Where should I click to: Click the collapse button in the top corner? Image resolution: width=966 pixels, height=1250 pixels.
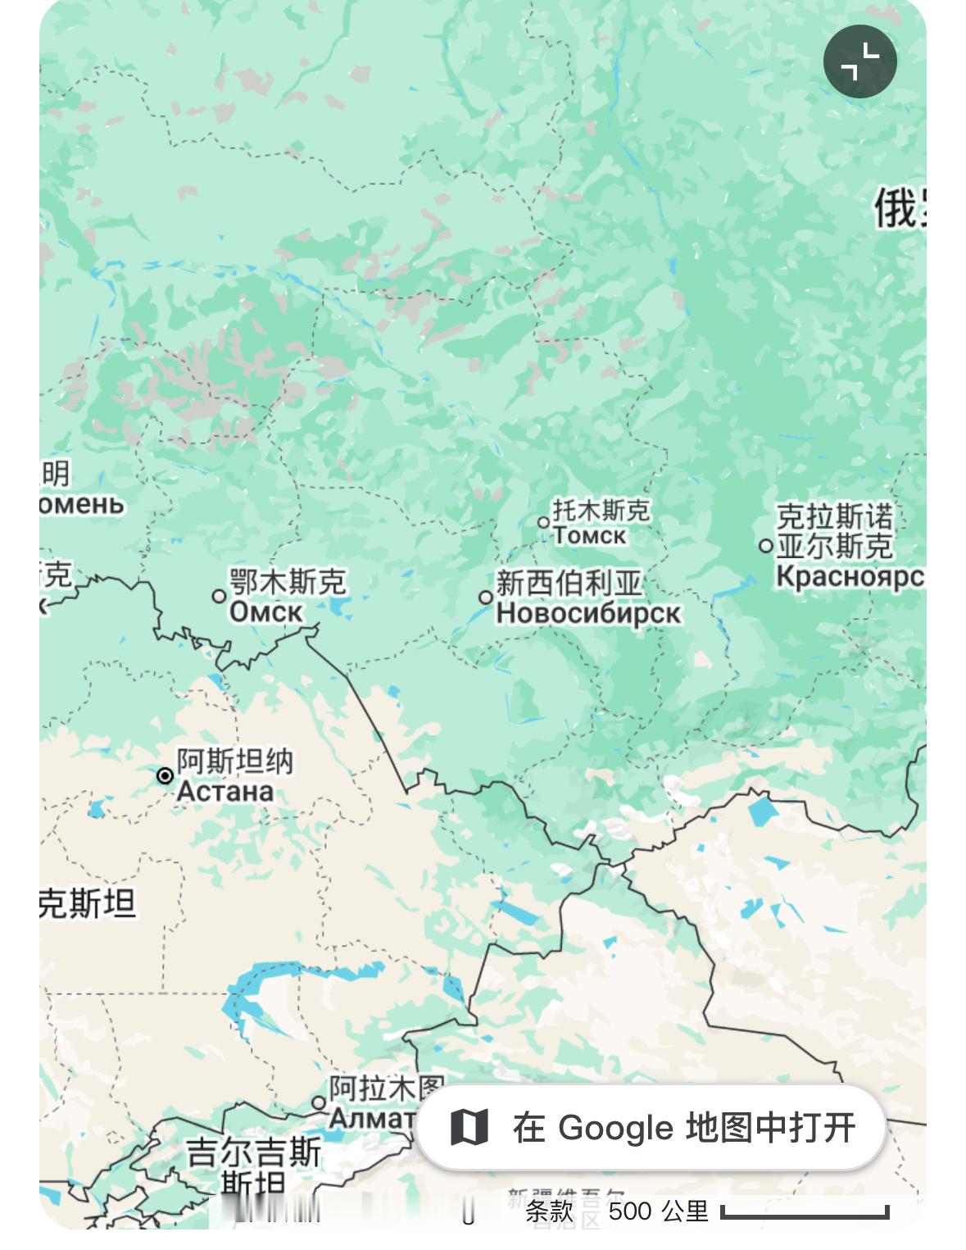(859, 61)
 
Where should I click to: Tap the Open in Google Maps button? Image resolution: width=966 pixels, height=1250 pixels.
(651, 1127)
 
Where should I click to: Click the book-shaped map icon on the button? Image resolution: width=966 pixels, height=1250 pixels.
(469, 1127)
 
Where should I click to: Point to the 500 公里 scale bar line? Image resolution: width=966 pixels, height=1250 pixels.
(805, 1212)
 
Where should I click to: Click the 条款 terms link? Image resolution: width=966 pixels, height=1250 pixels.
(548, 1211)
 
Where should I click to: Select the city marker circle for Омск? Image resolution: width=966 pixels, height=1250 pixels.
(219, 596)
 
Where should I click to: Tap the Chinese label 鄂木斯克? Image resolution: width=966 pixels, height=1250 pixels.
(287, 582)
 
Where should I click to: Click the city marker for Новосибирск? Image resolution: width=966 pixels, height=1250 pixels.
(486, 598)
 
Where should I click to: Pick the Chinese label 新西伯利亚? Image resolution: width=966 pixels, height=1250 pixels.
(569, 584)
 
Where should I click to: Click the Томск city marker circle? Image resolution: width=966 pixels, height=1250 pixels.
(543, 522)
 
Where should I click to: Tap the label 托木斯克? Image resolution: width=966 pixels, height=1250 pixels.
(601, 510)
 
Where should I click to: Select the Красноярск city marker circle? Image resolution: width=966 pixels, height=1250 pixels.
(765, 545)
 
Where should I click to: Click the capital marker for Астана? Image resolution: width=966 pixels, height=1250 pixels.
(165, 775)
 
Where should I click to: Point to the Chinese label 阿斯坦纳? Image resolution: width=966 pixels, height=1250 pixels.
(234, 761)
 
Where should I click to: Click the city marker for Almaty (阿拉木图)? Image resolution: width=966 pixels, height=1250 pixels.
(319, 1102)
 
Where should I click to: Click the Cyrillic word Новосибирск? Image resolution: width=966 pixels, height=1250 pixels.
(587, 613)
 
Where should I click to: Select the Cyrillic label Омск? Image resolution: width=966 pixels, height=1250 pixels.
(265, 611)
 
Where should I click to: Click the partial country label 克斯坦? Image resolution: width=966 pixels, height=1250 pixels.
(87, 903)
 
